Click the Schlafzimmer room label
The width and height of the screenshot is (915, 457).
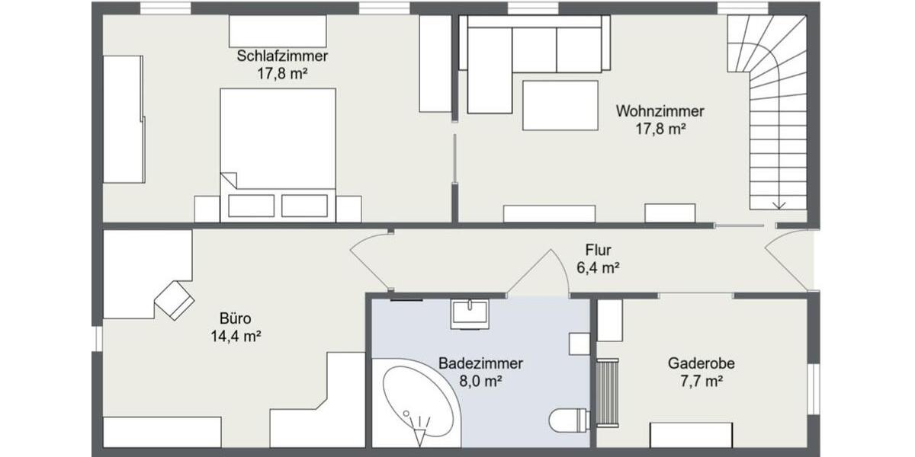tap(282, 56)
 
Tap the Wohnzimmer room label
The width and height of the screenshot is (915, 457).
tap(660, 111)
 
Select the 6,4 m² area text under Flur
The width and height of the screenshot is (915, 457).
tap(598, 267)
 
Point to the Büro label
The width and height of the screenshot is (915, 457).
tap(236, 318)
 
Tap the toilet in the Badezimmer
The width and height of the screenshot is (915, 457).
tap(568, 420)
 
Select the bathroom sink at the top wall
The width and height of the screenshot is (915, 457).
tap(469, 313)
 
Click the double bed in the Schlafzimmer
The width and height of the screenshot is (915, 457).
tap(278, 152)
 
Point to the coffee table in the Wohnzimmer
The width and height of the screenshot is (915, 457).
tap(560, 105)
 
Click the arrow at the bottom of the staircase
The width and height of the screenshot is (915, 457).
tap(779, 203)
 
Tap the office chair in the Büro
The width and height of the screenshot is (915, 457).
tap(175, 299)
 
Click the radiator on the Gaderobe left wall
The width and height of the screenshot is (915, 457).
tap(608, 393)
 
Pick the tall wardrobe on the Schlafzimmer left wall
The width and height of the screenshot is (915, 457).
tap(124, 119)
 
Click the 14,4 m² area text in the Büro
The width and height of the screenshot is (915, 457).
tap(236, 336)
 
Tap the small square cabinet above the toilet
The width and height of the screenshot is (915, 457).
tap(579, 344)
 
